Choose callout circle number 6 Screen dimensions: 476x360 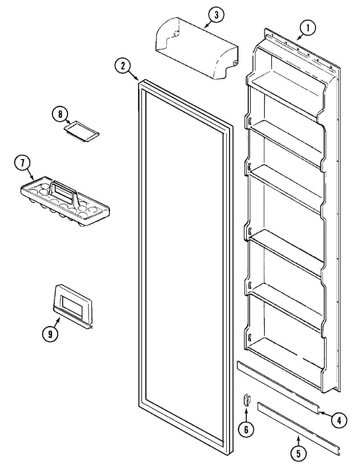[246, 430]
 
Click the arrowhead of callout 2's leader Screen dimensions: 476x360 [138, 80]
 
